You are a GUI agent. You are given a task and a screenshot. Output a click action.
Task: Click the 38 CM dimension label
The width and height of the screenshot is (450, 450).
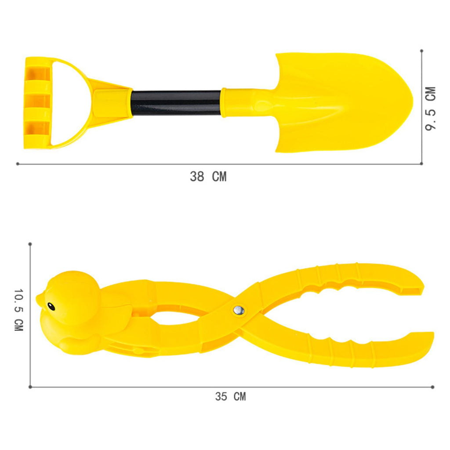coord(208,177)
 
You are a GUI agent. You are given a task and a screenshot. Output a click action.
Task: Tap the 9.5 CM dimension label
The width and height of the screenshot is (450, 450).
coord(431,109)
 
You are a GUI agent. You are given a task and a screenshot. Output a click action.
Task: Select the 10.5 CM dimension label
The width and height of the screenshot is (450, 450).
coord(18,310)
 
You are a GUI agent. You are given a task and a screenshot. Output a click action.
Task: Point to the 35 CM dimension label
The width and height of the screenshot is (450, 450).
coord(230,397)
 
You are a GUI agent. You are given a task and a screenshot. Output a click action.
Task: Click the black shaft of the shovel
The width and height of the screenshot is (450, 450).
coord(176,103)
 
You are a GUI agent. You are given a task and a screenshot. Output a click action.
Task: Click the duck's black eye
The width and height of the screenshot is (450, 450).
coord(51,306)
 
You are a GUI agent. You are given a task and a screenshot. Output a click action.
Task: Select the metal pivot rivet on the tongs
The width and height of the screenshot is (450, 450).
coord(239,310)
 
